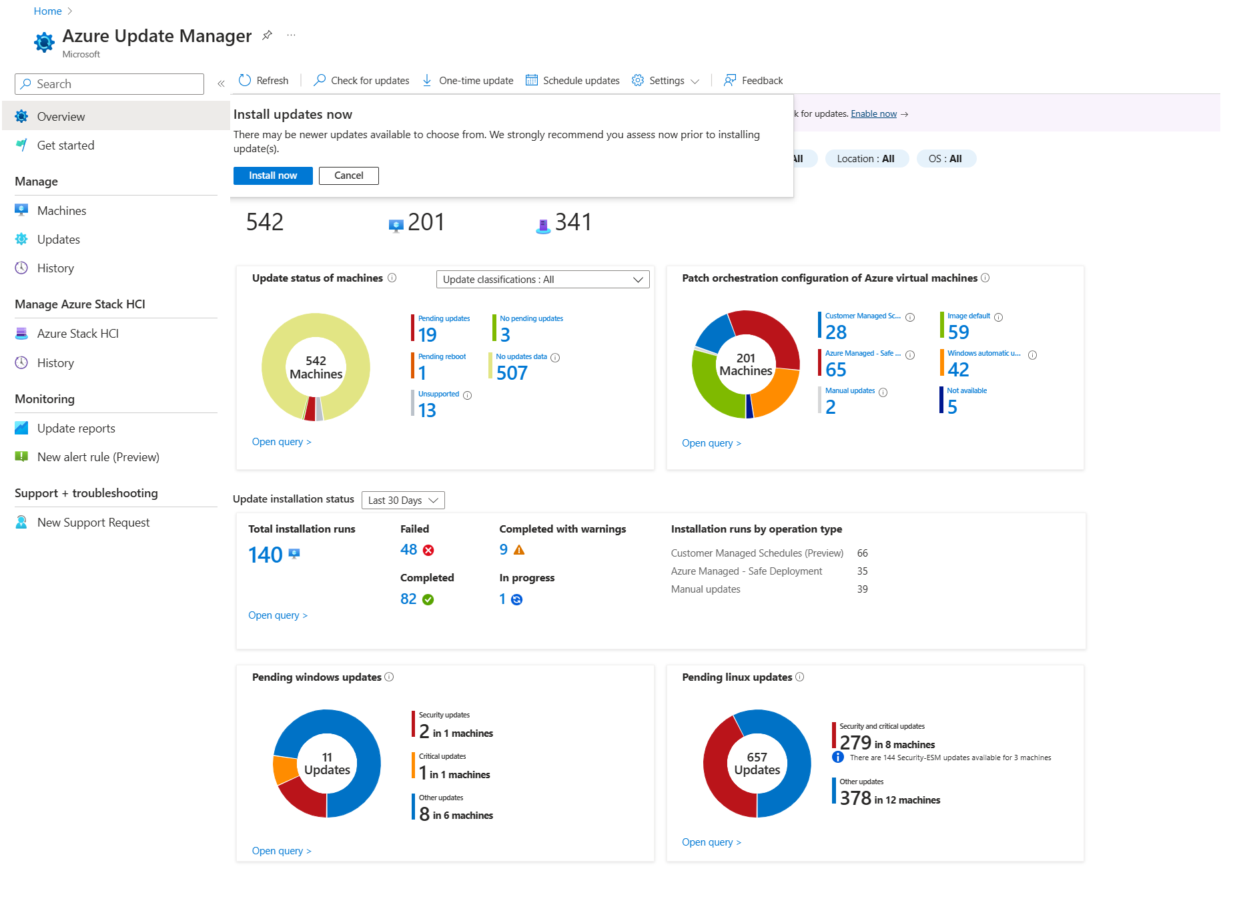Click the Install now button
tap(273, 176)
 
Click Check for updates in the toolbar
tap(362, 81)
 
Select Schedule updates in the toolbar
tap(572, 81)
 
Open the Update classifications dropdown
tap(542, 280)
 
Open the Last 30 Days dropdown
tap(403, 501)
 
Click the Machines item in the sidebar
tap(61, 211)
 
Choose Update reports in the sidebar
tap(76, 428)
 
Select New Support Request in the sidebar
tap(93, 523)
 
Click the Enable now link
tap(873, 114)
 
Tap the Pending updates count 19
tap(427, 334)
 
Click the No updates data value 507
tap(512, 373)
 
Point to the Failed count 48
tap(408, 550)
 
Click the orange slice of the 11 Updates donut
tap(285, 770)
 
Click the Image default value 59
tap(958, 332)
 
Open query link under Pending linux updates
tap(711, 842)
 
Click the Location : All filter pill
tap(866, 159)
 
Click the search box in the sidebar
tap(109, 84)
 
